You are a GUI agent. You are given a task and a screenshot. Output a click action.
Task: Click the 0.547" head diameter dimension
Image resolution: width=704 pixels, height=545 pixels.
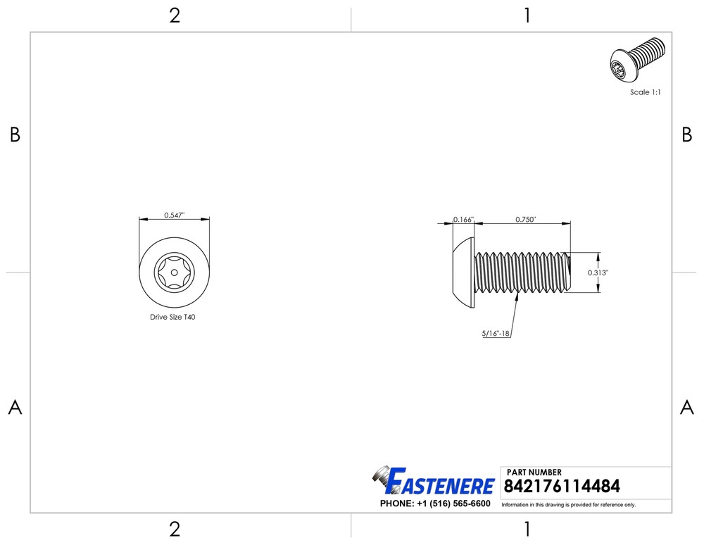pyautogui.click(x=174, y=215)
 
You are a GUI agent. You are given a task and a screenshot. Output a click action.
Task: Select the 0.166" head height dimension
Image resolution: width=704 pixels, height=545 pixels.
pyautogui.click(x=463, y=220)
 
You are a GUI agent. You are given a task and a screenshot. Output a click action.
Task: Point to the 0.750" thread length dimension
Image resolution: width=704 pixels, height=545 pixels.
pyautogui.click(x=525, y=220)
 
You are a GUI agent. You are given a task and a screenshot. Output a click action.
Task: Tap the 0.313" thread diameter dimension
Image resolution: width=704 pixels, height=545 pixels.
pyautogui.click(x=598, y=272)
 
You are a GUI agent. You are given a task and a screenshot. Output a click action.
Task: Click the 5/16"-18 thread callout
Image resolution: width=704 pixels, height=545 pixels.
pyautogui.click(x=496, y=334)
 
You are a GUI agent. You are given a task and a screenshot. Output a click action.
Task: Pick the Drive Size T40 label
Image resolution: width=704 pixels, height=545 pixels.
pyautogui.click(x=172, y=317)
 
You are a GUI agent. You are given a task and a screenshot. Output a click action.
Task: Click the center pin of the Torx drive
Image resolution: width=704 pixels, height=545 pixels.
pyautogui.click(x=174, y=272)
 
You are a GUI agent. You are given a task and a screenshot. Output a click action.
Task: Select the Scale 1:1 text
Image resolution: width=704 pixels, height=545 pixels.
pyautogui.click(x=645, y=92)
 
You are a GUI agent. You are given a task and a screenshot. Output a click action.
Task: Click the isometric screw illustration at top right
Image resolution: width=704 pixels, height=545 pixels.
pyautogui.click(x=638, y=60)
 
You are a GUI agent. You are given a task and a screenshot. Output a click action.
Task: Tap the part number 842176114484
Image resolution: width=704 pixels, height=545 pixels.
pyautogui.click(x=562, y=486)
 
